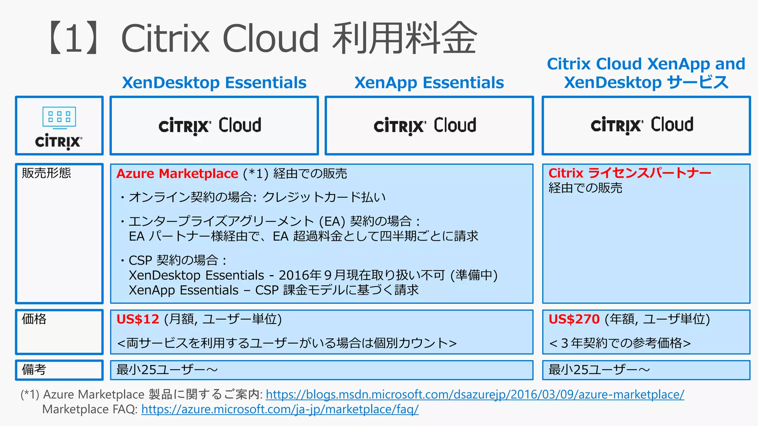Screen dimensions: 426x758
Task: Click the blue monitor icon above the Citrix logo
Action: point(59,118)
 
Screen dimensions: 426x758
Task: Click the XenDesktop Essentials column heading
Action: point(214,82)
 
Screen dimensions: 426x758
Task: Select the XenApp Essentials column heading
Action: point(429,82)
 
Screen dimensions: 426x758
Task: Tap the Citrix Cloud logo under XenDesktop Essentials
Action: point(210,126)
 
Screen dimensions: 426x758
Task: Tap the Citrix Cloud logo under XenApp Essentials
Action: point(425,126)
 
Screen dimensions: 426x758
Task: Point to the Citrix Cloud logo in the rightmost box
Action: point(642,125)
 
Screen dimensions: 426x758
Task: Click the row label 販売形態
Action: point(46,173)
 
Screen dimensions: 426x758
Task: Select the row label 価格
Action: point(34,319)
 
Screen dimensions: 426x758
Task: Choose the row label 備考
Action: point(34,369)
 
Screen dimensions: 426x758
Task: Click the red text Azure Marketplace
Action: point(177,173)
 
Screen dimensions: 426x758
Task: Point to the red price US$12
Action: point(138,319)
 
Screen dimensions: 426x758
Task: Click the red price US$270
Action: point(574,319)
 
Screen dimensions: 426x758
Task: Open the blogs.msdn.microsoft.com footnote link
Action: point(475,395)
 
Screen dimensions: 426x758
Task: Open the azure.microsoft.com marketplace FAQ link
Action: point(280,409)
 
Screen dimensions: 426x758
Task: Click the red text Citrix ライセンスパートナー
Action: point(630,173)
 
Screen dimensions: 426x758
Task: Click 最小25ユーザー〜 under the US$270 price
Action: point(599,369)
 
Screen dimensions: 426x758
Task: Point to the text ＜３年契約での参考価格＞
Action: point(620,343)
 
